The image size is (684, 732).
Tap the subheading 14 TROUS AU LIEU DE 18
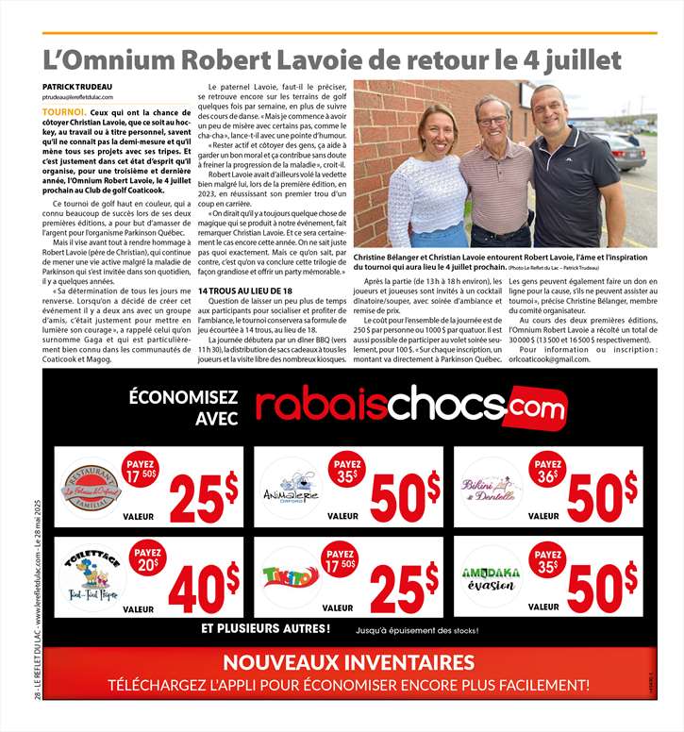pos(245,291)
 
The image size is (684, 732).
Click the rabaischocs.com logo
pos(411,404)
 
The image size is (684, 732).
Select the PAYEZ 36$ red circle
pos(548,470)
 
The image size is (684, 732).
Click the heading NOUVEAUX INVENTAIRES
pos(349,662)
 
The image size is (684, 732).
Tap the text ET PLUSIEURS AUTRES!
pos(266,628)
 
